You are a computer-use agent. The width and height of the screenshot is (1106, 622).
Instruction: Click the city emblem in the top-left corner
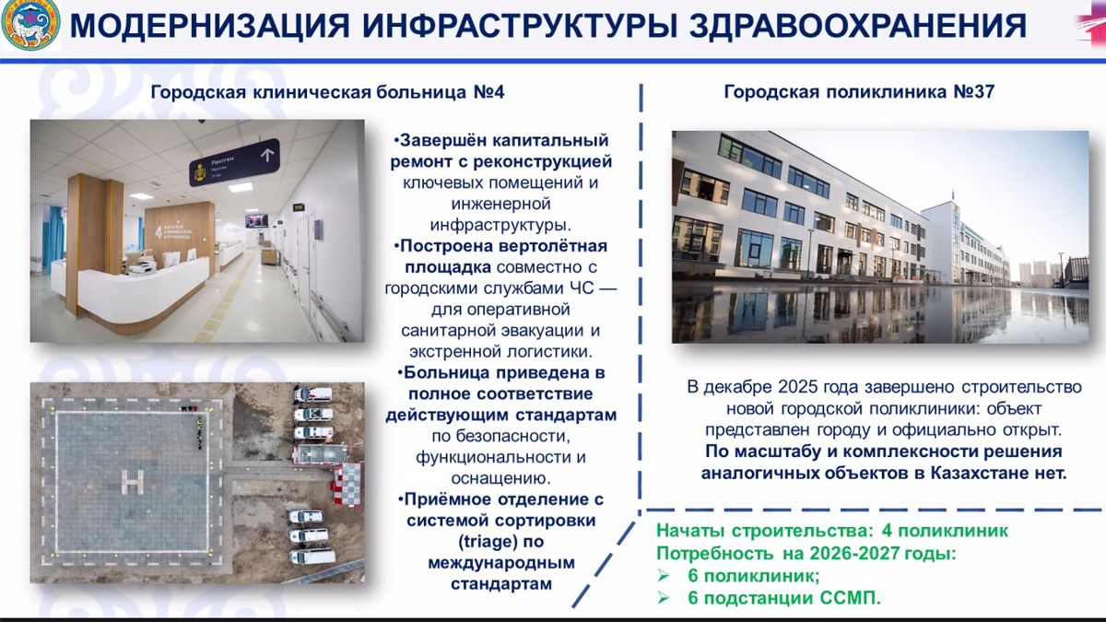point(30,26)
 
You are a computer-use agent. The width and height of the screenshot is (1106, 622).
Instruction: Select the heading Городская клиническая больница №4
point(327,92)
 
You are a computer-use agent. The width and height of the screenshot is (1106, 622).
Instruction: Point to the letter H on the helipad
point(134,481)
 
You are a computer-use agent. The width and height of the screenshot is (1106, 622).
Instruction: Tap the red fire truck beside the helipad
point(318,453)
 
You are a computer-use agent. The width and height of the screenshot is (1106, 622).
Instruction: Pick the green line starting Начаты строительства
point(831,532)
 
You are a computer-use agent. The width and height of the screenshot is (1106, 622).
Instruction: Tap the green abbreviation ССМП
point(850,598)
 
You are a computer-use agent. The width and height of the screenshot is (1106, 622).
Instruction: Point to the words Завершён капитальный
point(503,141)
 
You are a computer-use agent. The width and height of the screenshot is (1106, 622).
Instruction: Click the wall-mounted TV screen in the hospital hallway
point(257,220)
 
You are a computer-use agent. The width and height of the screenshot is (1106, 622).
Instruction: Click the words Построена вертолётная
point(503,246)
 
